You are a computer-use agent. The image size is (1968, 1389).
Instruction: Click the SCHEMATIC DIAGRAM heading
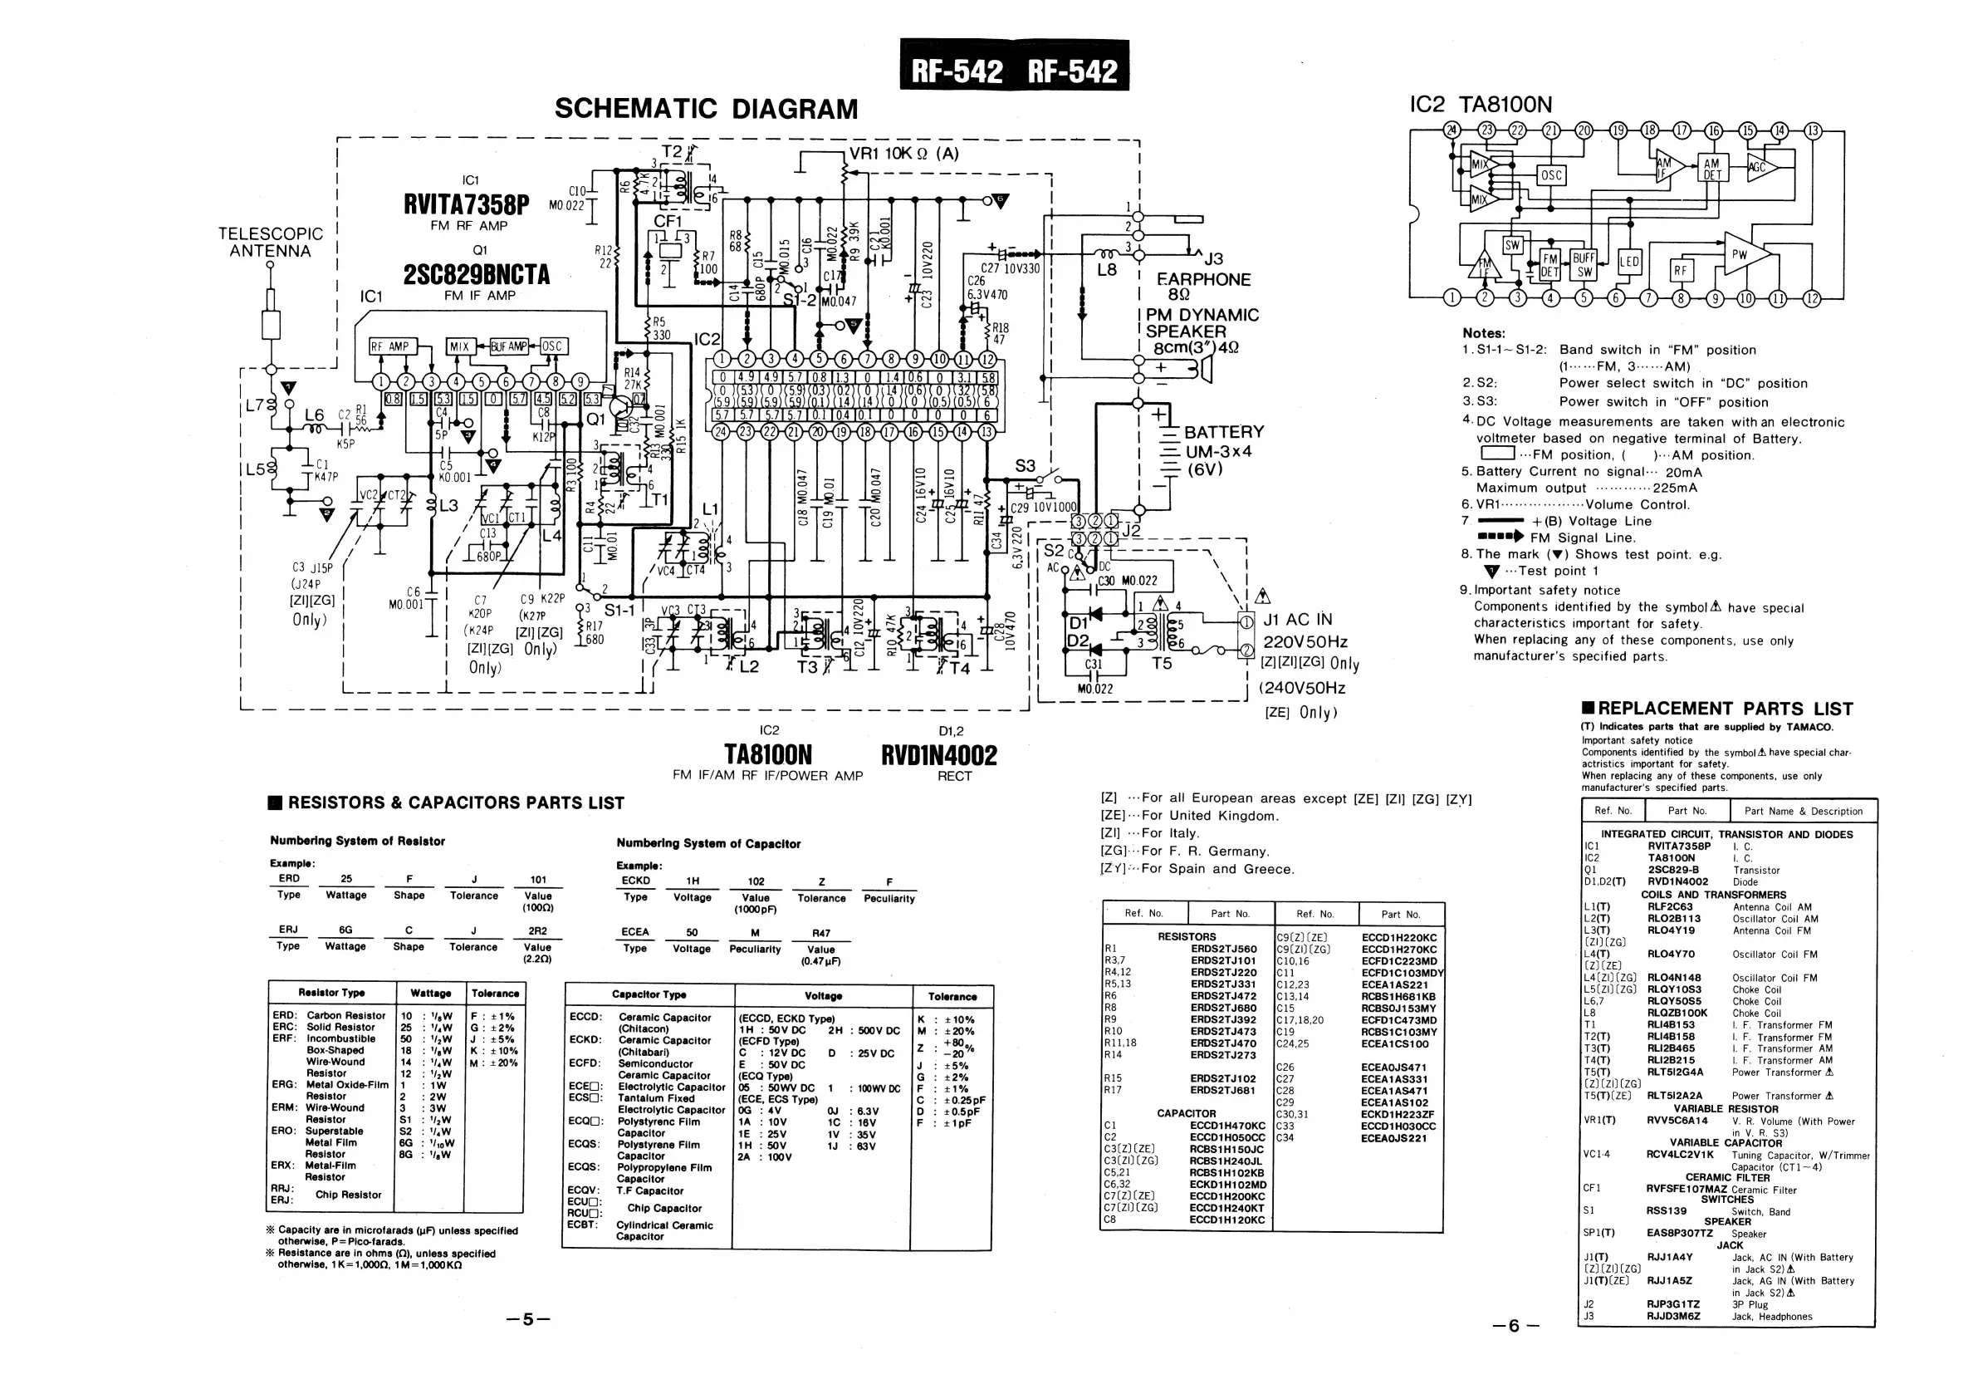(706, 109)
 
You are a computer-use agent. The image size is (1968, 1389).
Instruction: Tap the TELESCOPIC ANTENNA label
(270, 242)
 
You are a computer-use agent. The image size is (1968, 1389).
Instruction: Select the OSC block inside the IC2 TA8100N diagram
(1551, 176)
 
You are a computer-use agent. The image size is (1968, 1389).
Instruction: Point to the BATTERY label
(1223, 432)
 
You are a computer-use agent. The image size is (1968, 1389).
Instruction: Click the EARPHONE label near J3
(1203, 279)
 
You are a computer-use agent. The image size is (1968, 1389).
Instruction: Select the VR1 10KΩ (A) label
(903, 155)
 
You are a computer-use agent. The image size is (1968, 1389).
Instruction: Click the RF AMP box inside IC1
(389, 346)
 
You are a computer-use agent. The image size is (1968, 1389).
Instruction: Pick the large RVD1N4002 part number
(938, 755)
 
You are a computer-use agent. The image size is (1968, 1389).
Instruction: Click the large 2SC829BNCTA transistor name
(476, 274)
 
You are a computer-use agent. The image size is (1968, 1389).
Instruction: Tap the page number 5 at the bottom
(528, 1318)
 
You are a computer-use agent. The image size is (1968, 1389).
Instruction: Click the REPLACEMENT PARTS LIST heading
(1717, 709)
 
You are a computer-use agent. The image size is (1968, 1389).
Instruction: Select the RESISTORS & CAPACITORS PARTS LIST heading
(447, 802)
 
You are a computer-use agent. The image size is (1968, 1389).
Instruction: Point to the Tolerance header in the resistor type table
(495, 993)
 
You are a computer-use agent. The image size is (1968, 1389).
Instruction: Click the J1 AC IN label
(1298, 619)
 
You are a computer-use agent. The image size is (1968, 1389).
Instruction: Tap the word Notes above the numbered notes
(1483, 333)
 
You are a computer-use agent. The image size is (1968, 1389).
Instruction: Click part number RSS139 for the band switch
(1667, 1210)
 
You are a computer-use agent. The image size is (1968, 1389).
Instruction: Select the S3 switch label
(1026, 465)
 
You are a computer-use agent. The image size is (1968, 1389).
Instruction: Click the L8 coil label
(1107, 269)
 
